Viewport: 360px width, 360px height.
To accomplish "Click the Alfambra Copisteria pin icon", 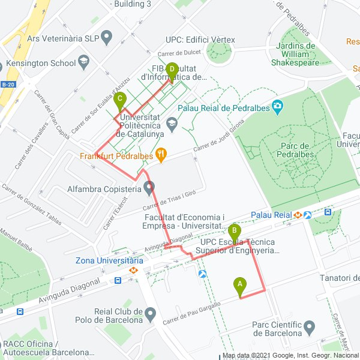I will pos(149,187).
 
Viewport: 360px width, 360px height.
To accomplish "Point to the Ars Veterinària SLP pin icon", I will pos(107,38).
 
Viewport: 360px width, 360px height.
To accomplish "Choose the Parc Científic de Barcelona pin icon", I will pos(309,327).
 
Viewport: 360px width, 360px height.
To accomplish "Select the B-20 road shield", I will pos(7,85).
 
